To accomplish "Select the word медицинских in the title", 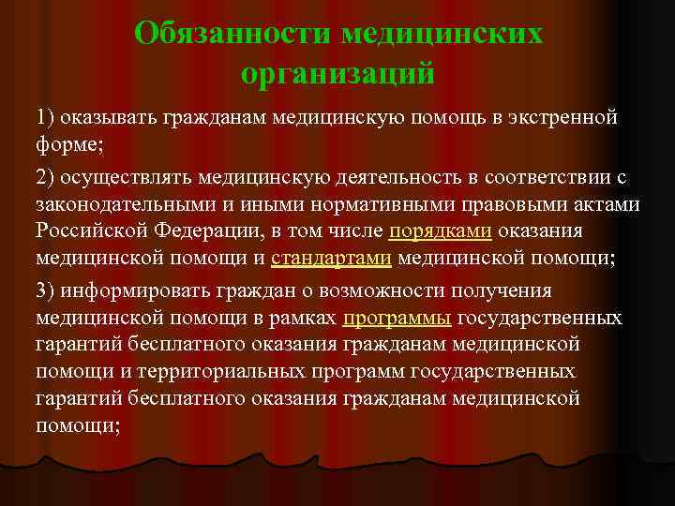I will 442,33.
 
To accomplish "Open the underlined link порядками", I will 441,231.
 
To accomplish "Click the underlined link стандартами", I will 331,259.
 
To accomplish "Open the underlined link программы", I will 397,319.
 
